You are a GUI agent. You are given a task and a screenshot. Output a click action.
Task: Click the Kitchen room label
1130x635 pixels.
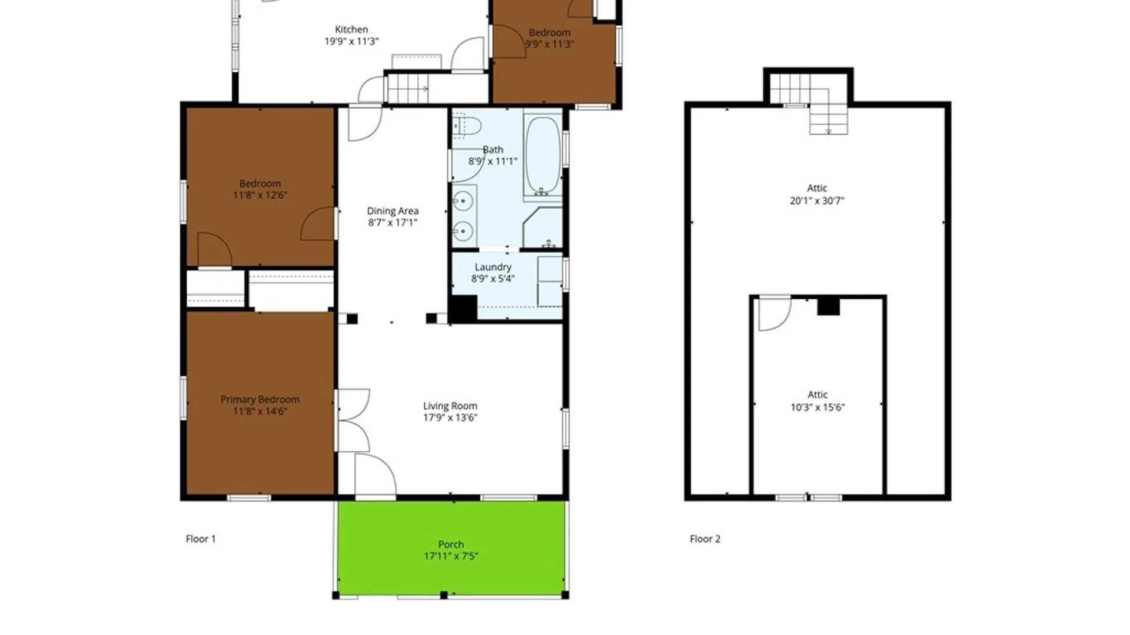351,29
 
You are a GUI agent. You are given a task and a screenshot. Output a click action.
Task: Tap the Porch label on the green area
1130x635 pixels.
451,544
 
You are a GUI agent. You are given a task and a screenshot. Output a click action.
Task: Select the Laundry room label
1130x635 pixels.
493,267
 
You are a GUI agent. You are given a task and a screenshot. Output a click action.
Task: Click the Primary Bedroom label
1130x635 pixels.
260,399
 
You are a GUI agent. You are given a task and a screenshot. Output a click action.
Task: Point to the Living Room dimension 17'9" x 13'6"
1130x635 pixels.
450,417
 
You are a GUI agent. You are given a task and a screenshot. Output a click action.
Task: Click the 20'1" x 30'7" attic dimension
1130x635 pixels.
817,200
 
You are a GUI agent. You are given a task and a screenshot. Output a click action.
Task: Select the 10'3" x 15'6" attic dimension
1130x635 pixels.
817,407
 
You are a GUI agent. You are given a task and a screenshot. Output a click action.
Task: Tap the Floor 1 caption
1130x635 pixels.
201,539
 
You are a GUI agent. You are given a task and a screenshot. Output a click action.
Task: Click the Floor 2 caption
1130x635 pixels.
705,539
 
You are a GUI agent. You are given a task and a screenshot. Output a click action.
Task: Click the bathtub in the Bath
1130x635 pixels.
542,156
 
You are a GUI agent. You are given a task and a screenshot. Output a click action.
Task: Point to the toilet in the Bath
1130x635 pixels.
467,126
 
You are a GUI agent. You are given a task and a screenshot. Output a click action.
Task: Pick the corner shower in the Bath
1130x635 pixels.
543,227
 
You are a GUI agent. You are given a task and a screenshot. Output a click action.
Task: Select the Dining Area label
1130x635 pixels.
393,210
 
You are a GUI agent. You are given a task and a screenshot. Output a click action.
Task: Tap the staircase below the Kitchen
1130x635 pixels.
408,89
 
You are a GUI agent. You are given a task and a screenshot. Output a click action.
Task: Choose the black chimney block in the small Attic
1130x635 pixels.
828,306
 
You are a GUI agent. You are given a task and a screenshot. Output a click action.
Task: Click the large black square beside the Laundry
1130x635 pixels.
463,309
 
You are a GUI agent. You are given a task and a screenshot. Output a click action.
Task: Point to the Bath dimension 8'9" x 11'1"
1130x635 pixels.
493,161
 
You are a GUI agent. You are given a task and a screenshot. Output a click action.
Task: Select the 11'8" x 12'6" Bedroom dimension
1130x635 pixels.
260,195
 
